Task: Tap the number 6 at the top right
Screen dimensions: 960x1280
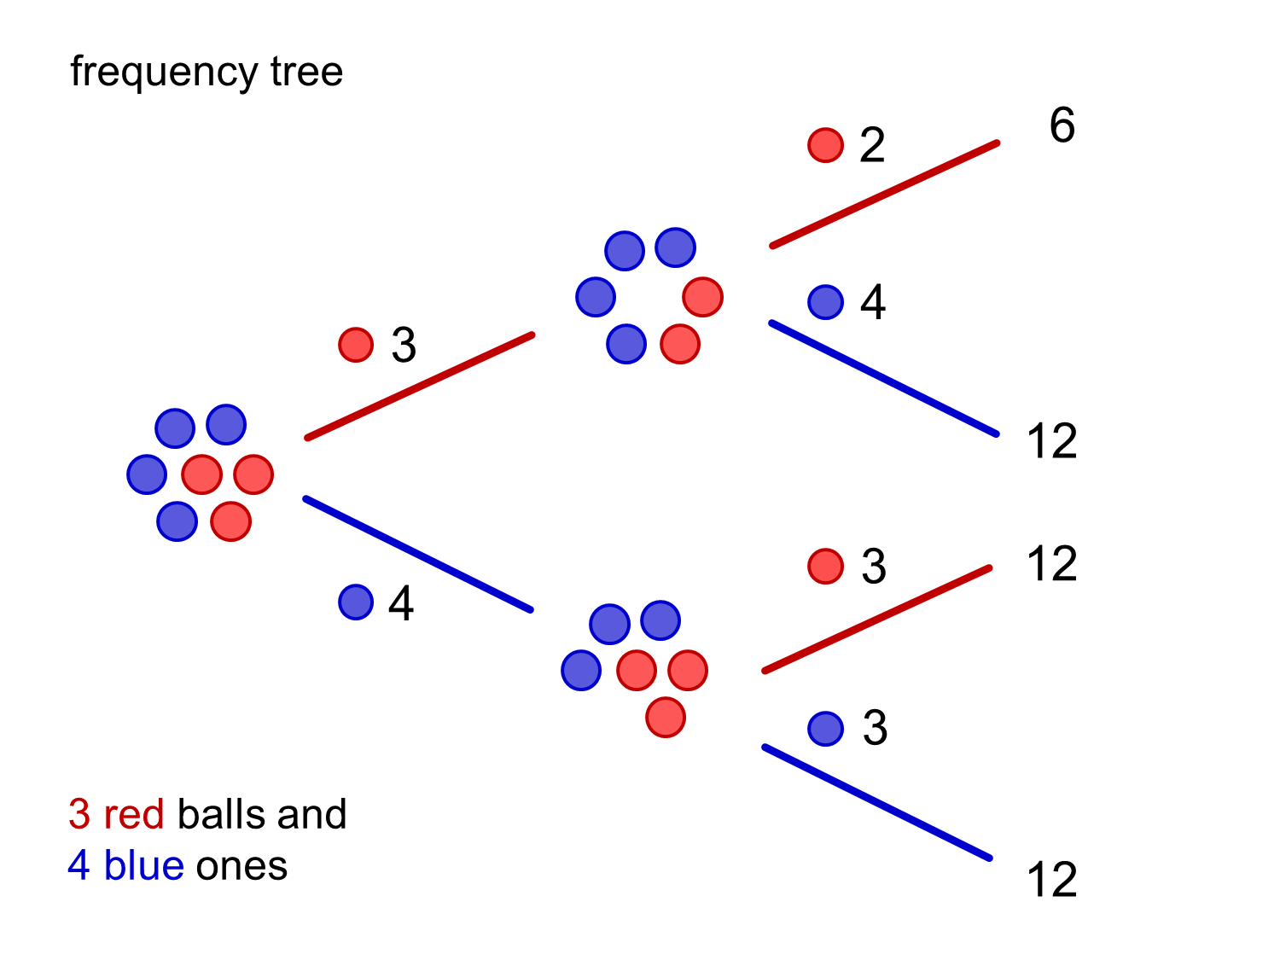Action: [x=1062, y=125]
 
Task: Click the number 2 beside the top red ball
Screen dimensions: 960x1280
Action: [x=871, y=145]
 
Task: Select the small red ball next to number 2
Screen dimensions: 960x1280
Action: [x=825, y=145]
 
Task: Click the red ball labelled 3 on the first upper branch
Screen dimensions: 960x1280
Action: [x=356, y=345]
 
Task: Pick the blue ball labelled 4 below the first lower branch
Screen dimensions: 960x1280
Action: [x=356, y=602]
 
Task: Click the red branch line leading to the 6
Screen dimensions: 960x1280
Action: [x=884, y=195]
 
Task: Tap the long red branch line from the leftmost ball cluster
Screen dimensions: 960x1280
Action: [x=420, y=387]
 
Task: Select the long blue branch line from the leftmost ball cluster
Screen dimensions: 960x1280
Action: [x=418, y=554]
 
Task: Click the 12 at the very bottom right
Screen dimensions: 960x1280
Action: [x=1051, y=880]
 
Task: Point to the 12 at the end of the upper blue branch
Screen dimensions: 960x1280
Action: [x=1051, y=441]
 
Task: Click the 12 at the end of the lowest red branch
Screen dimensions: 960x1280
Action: [x=1051, y=564]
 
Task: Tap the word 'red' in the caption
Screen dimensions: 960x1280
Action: [x=134, y=815]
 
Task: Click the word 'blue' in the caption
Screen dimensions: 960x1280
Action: [x=143, y=866]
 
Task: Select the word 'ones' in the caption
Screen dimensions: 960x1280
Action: [x=241, y=866]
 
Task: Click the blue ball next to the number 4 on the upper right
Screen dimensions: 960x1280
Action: [x=825, y=301]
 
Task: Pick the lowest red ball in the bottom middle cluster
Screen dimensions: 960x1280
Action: [x=666, y=717]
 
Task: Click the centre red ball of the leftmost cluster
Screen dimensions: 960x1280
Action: [x=202, y=474]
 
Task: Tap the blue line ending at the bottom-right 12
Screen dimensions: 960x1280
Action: [x=877, y=802]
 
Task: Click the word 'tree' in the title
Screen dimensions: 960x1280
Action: [x=306, y=72]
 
